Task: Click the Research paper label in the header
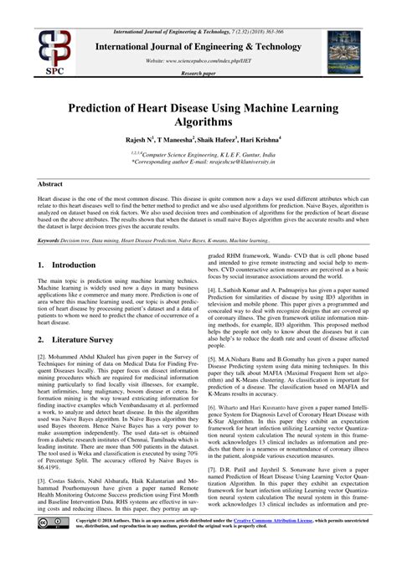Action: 198,75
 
